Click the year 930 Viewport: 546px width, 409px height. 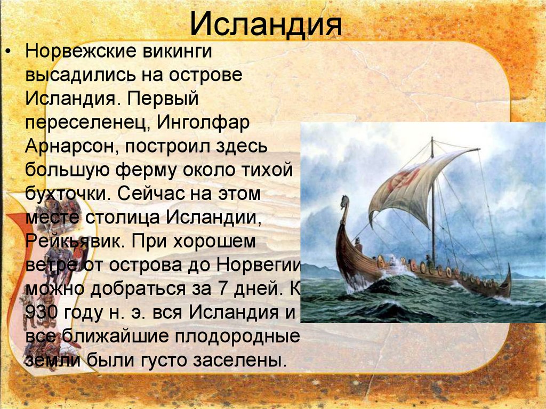click(x=41, y=312)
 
